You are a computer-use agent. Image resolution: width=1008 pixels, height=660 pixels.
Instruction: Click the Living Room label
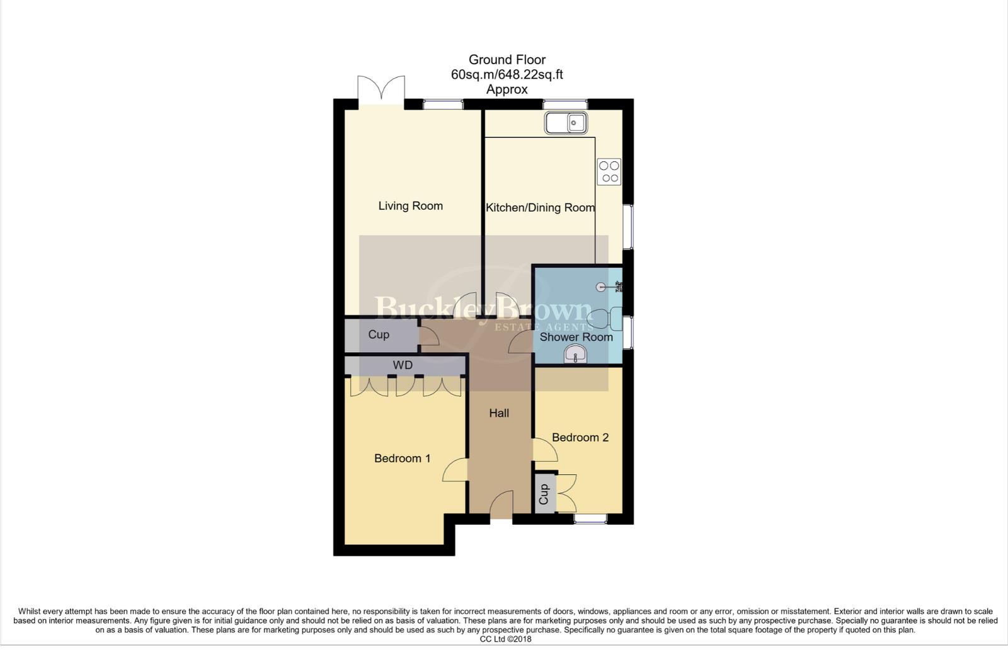[x=410, y=206]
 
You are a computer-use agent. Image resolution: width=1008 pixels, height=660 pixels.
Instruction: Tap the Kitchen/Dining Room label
[x=540, y=208]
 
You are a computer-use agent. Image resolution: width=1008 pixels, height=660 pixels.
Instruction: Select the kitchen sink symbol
[x=566, y=123]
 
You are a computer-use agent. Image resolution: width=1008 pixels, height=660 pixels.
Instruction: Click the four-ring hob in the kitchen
[x=609, y=172]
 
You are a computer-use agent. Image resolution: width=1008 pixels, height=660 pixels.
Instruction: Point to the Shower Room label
[x=576, y=337]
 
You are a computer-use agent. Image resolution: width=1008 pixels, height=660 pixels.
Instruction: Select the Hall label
[x=499, y=413]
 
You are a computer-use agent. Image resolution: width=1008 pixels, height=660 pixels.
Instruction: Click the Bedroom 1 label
[x=402, y=458]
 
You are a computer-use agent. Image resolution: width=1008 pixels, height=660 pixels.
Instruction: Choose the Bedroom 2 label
[x=580, y=438]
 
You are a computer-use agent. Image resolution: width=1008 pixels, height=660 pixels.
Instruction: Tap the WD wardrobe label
[x=403, y=365]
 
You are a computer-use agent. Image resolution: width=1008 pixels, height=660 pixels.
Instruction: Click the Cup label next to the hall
[x=379, y=334]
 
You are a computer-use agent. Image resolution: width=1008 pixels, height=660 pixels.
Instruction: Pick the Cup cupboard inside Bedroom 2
[x=544, y=494]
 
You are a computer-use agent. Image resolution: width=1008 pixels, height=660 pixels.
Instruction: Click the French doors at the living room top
[x=381, y=90]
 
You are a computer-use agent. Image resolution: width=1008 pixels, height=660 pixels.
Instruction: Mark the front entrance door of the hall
[x=501, y=506]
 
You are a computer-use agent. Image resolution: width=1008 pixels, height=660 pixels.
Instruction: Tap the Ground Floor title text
[x=507, y=60]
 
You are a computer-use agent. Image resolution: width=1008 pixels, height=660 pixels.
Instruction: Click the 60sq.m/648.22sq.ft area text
[x=507, y=74]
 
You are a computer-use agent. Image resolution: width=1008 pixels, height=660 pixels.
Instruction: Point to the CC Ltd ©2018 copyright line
[x=505, y=639]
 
